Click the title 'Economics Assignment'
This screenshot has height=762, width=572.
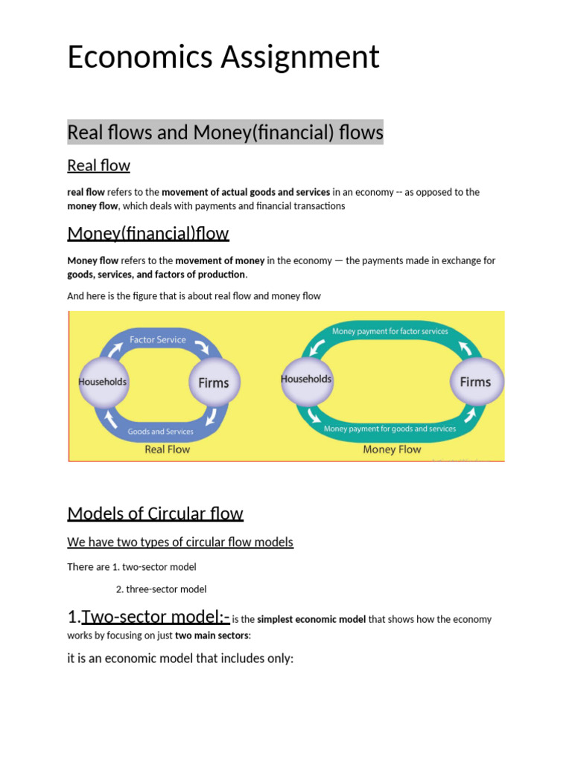pos(223,57)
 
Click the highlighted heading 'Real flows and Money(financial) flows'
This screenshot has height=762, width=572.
pos(225,132)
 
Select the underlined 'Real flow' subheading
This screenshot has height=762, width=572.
pos(98,165)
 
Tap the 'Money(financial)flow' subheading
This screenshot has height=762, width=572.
pos(147,233)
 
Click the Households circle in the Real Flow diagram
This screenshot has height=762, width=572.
pos(103,382)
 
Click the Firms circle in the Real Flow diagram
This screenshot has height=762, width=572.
pos(213,382)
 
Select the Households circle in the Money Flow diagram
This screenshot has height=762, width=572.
pos(306,379)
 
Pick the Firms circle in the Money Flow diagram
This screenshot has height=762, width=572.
pos(475,382)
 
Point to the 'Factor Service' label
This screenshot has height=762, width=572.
pos(158,340)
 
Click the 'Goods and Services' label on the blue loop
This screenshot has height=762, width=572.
pos(160,432)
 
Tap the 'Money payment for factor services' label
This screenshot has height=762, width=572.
pos(390,331)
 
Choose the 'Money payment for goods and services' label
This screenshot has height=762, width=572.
pos(390,429)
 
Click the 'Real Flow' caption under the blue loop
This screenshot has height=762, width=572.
pos(167,449)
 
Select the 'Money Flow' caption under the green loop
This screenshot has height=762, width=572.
pos(392,449)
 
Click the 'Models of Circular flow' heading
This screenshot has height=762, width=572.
pos(155,513)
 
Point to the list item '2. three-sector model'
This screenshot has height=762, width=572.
pos(162,589)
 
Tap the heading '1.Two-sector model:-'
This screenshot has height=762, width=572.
pos(148,616)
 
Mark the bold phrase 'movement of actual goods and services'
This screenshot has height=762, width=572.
pos(246,192)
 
